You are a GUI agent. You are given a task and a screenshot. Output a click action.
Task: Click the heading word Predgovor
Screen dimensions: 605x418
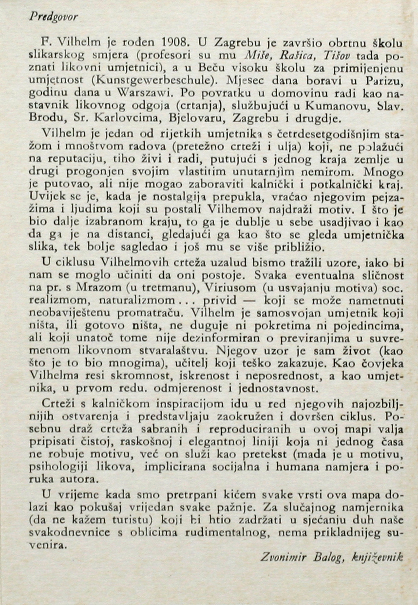(x=53, y=17)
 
